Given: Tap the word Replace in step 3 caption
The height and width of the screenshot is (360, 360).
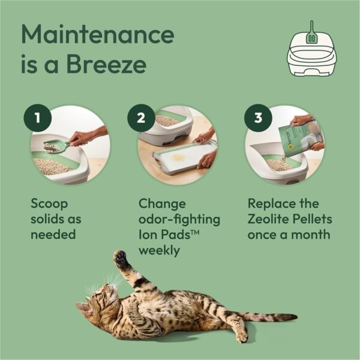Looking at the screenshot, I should pos(269,204).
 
